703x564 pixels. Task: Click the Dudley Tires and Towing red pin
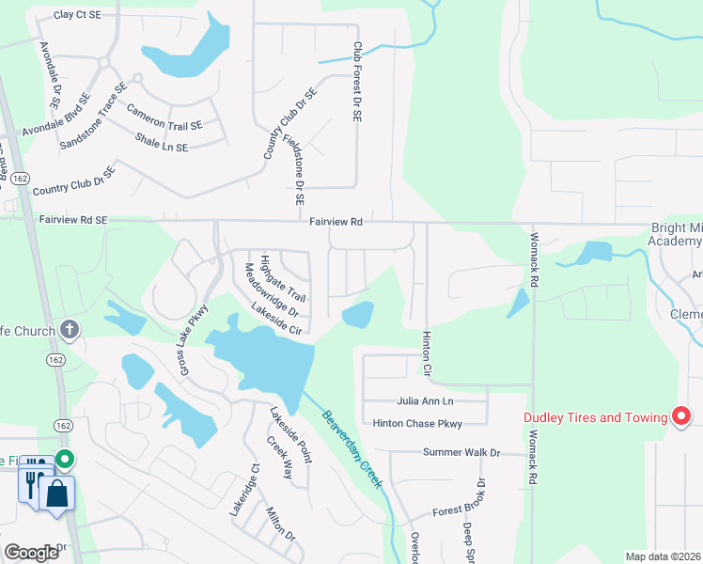pyautogui.click(x=683, y=415)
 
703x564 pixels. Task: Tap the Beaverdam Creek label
pyautogui.click(x=352, y=448)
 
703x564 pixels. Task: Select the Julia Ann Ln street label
pyautogui.click(x=431, y=400)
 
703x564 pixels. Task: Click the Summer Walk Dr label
pyautogui.click(x=462, y=452)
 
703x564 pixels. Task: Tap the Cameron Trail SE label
pyautogui.click(x=164, y=117)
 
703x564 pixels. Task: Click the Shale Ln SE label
pyautogui.click(x=162, y=142)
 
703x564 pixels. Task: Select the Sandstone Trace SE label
pyautogui.click(x=92, y=119)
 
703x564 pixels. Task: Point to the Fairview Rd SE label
pyautogui.click(x=74, y=219)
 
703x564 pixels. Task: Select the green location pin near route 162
pyautogui.click(x=65, y=460)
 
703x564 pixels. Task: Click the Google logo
pyautogui.click(x=32, y=553)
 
